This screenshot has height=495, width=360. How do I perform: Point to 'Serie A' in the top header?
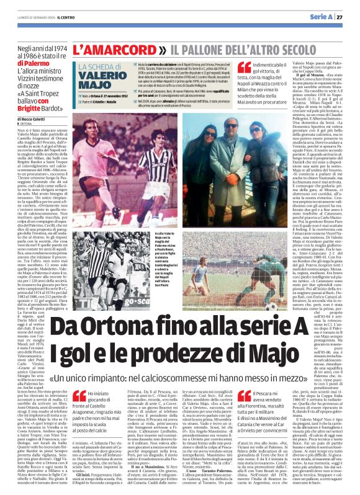click(320, 17)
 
